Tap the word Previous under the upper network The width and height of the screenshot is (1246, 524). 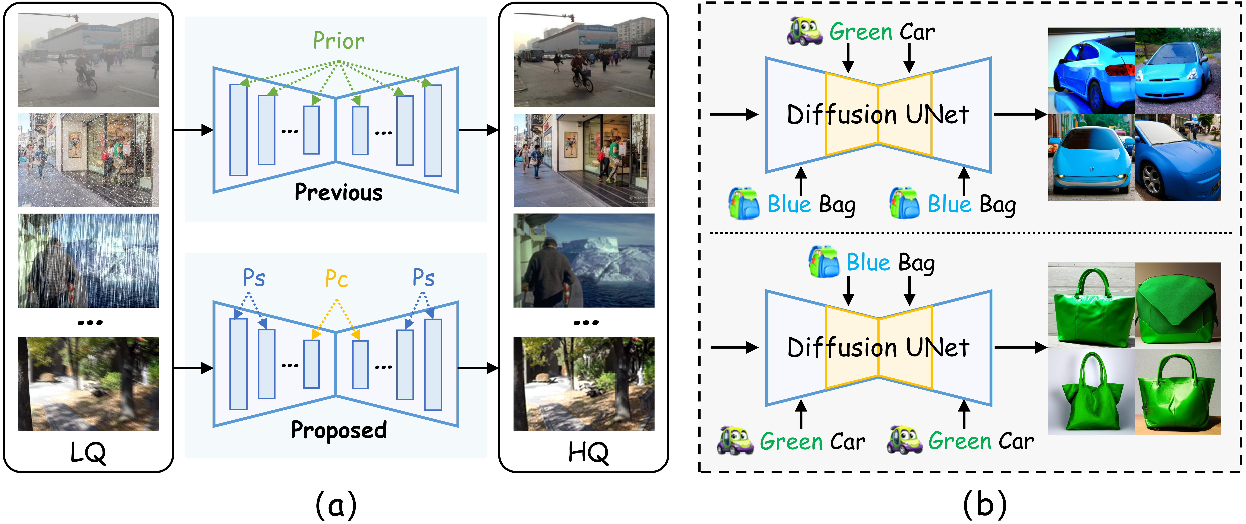339,192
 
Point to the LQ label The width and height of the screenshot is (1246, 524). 88,453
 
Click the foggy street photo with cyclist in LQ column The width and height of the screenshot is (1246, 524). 88,60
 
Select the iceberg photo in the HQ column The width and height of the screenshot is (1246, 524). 584,261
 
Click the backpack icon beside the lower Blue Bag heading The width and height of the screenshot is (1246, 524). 824,262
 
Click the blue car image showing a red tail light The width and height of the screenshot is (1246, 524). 1091,70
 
